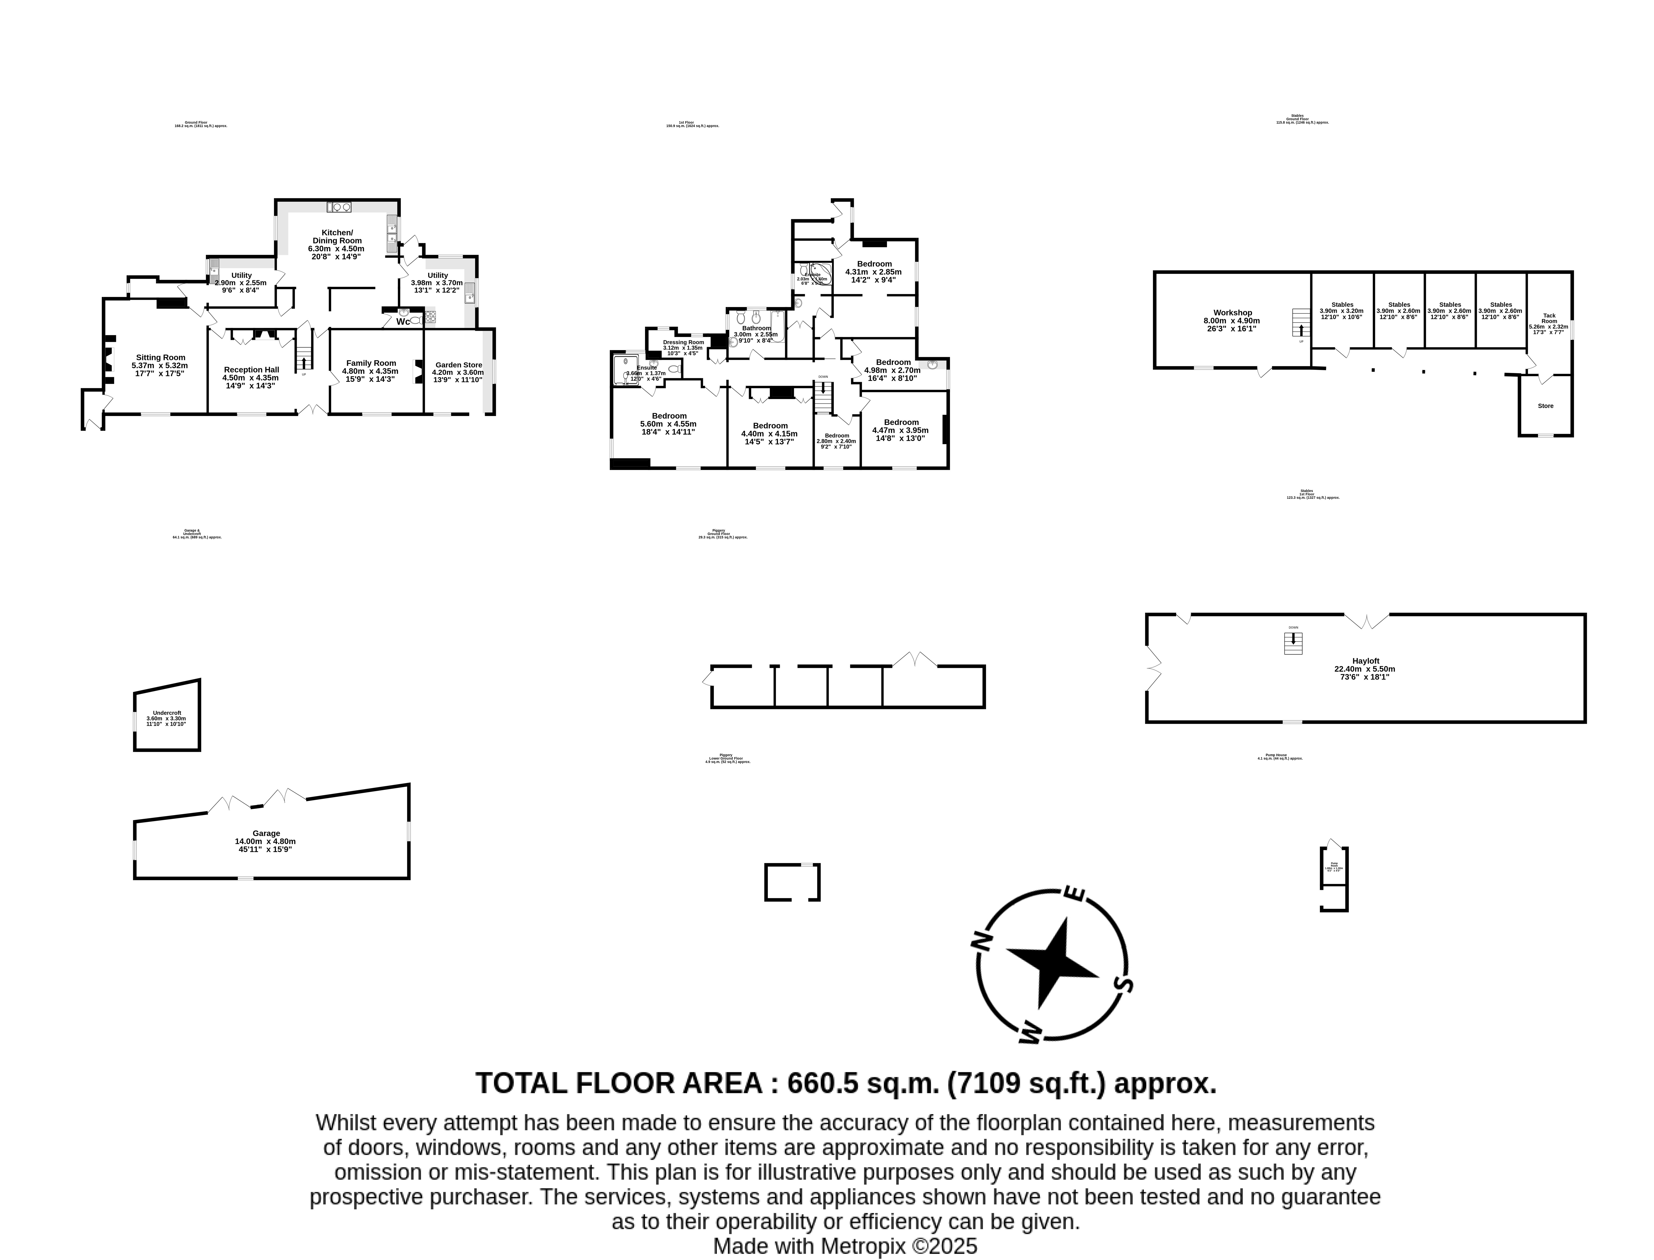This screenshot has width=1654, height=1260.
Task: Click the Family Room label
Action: [x=371, y=363]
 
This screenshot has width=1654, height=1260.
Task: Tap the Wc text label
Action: [x=403, y=322]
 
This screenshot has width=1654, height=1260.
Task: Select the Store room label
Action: [x=1545, y=406]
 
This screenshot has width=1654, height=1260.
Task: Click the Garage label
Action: [x=265, y=833]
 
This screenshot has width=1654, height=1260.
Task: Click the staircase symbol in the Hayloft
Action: [x=1292, y=643]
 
